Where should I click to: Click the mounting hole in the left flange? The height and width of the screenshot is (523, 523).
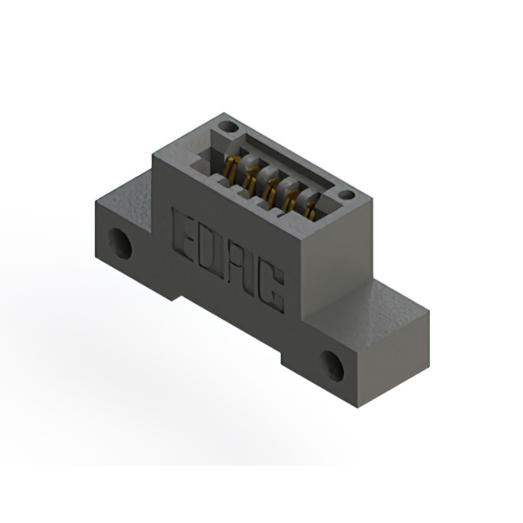120,243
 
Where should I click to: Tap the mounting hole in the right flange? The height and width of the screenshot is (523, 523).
332,366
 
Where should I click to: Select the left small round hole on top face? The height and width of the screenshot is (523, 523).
228,127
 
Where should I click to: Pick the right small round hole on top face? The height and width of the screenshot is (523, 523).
346,194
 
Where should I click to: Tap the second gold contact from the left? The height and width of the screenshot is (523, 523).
250,180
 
